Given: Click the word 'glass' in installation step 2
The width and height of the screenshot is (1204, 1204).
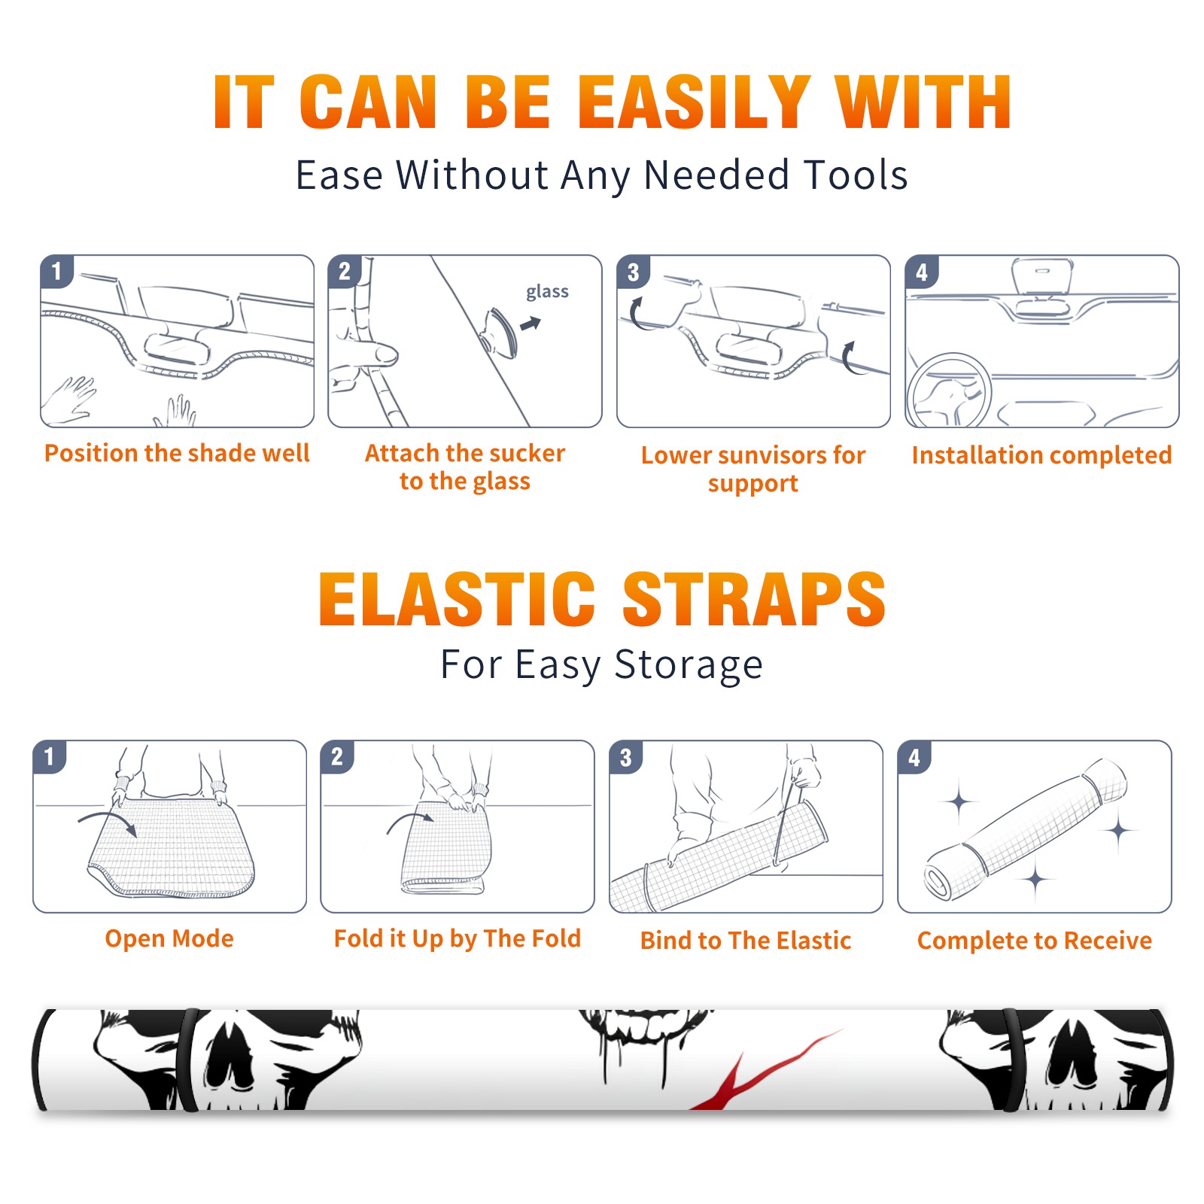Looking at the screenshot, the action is pyautogui.click(x=547, y=292).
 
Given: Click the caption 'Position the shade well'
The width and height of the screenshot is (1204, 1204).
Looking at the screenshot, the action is pyautogui.click(x=177, y=453).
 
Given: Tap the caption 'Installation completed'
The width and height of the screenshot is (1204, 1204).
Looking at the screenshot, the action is pyautogui.click(x=1041, y=455).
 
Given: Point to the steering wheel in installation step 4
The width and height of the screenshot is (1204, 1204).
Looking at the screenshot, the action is pyautogui.click(x=949, y=391).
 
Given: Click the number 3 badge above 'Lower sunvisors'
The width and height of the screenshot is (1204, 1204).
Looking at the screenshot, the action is pyautogui.click(x=633, y=272).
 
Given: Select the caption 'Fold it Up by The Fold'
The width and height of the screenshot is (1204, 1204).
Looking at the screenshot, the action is pyautogui.click(x=458, y=938).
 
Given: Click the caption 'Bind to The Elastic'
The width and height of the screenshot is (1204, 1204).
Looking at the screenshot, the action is pyautogui.click(x=746, y=941).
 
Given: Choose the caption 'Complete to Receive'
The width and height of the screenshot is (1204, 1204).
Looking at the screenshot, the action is pyautogui.click(x=1035, y=941).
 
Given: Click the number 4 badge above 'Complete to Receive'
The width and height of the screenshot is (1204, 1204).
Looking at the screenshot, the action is pyautogui.click(x=914, y=757).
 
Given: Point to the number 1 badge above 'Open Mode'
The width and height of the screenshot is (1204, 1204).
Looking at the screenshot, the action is pyautogui.click(x=50, y=756).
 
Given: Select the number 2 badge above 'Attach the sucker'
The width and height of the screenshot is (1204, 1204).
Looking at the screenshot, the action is pyautogui.click(x=345, y=271).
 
